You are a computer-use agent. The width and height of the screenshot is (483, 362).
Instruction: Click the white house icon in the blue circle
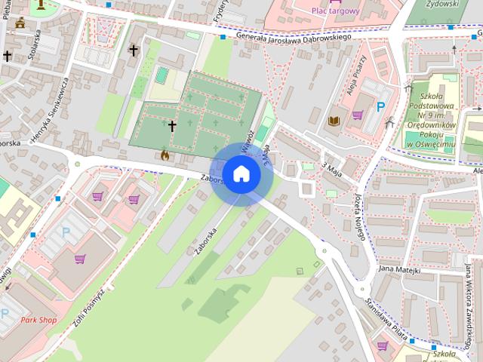tap(241, 173)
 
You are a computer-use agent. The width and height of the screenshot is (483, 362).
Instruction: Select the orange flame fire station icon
tap(165, 155)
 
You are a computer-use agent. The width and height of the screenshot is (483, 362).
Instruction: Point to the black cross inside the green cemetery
tap(172, 125)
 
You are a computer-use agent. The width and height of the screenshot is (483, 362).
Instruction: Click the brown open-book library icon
tap(334, 120)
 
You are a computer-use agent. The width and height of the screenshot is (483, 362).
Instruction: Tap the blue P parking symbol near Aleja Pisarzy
tap(381, 107)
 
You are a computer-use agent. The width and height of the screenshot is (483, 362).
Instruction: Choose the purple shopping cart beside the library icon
tap(357, 115)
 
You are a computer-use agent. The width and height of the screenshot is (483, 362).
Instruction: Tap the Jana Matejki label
tap(399, 268)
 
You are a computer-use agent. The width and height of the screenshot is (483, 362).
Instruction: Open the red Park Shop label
tap(38, 320)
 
